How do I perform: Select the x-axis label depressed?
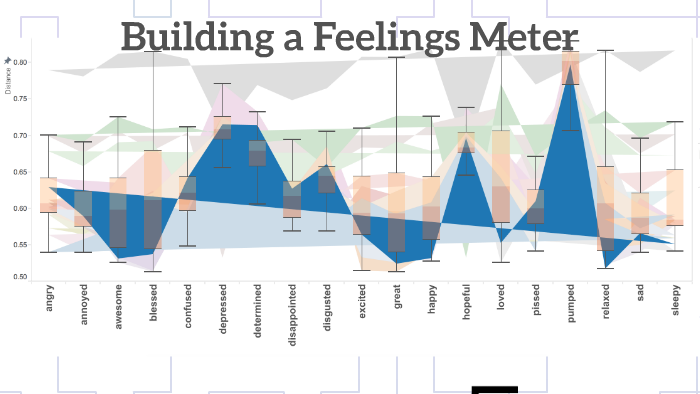pos(222,311)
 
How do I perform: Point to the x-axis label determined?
pos(257,311)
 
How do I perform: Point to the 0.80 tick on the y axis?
pos(20,62)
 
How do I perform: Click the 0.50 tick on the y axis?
pos(20,276)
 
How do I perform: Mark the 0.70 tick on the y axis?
pos(20,135)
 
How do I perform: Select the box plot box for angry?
pos(48,194)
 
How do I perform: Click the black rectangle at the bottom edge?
pos(494,389)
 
